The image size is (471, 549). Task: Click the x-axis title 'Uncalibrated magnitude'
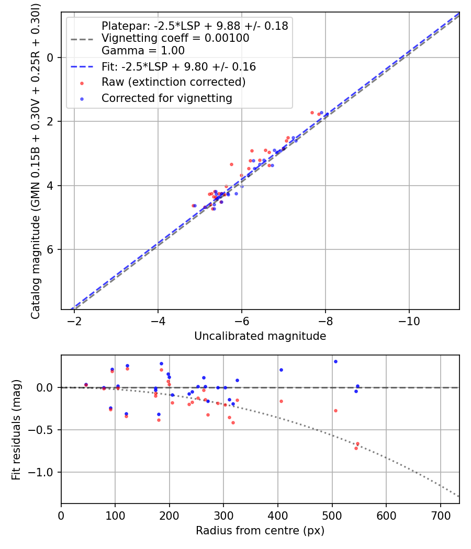click(260, 336)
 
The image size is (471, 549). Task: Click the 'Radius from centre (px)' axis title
click(260, 531)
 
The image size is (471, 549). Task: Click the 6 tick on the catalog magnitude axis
click(51, 249)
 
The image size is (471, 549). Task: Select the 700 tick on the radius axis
click(440, 514)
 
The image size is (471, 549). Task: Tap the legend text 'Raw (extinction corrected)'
click(173, 82)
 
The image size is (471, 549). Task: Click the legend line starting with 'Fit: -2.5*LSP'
click(178, 67)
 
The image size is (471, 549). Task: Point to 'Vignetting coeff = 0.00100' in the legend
click(175, 38)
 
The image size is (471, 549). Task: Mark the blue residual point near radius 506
click(335, 361)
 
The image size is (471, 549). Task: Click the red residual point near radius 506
click(335, 410)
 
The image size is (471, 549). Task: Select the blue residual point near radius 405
click(281, 370)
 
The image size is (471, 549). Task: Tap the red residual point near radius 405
click(281, 401)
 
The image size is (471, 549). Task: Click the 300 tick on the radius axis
click(223, 514)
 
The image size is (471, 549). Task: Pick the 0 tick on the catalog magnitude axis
click(51, 58)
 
